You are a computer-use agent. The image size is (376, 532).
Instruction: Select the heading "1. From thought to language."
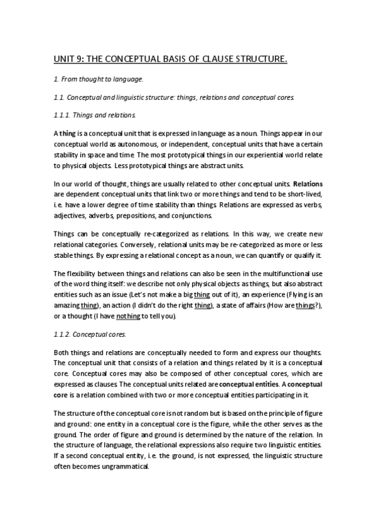[x=98, y=79]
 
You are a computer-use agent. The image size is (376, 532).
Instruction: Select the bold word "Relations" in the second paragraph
[x=308, y=185]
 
